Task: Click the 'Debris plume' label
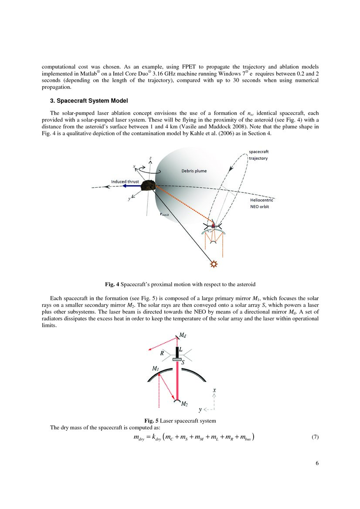coord(194,171)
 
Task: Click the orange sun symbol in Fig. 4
coord(213,264)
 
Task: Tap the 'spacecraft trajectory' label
coord(258,155)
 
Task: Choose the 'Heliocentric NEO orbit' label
coord(262,203)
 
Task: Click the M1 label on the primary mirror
coord(156,368)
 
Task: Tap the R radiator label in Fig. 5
coord(162,354)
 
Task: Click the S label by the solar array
coord(182,361)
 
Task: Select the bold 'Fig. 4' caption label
coord(112,284)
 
